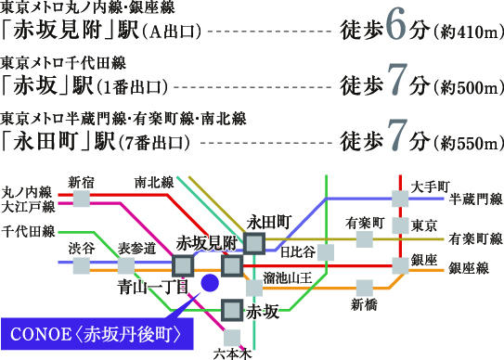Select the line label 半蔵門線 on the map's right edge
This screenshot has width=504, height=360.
pyautogui.click(x=475, y=199)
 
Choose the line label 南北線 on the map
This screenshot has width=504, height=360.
pyautogui.click(x=153, y=182)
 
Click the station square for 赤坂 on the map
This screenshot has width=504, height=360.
pyautogui.click(x=232, y=311)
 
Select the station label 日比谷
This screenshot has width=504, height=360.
pyautogui.click(x=297, y=251)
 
